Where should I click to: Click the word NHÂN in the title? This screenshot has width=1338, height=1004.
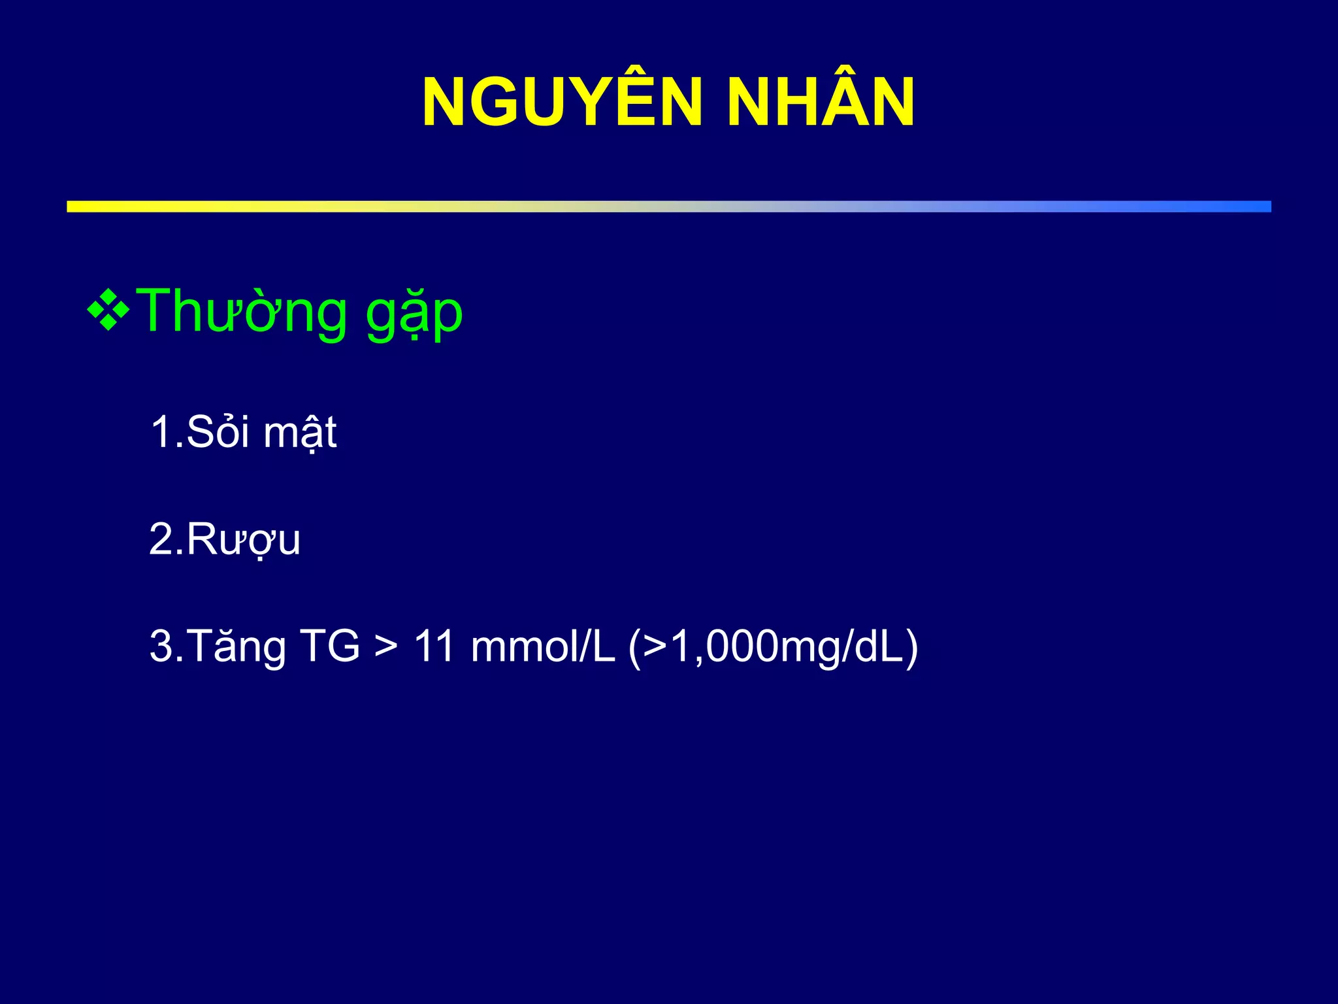(820, 103)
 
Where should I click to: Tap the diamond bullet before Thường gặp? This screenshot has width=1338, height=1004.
(108, 307)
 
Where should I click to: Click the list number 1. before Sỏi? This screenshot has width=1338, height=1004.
(166, 432)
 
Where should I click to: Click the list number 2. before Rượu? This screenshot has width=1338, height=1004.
(166, 540)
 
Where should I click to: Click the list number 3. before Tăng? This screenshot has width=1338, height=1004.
(166, 646)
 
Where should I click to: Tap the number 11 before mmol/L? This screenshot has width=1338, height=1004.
(434, 646)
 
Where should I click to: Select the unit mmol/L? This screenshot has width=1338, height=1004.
(543, 646)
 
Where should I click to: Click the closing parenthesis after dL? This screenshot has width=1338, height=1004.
(911, 648)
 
